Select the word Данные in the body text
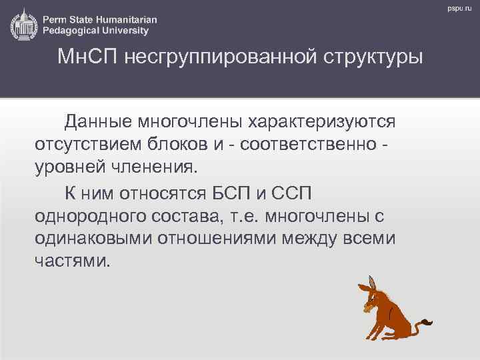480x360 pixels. coord(98,122)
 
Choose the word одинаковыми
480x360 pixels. coord(93,239)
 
